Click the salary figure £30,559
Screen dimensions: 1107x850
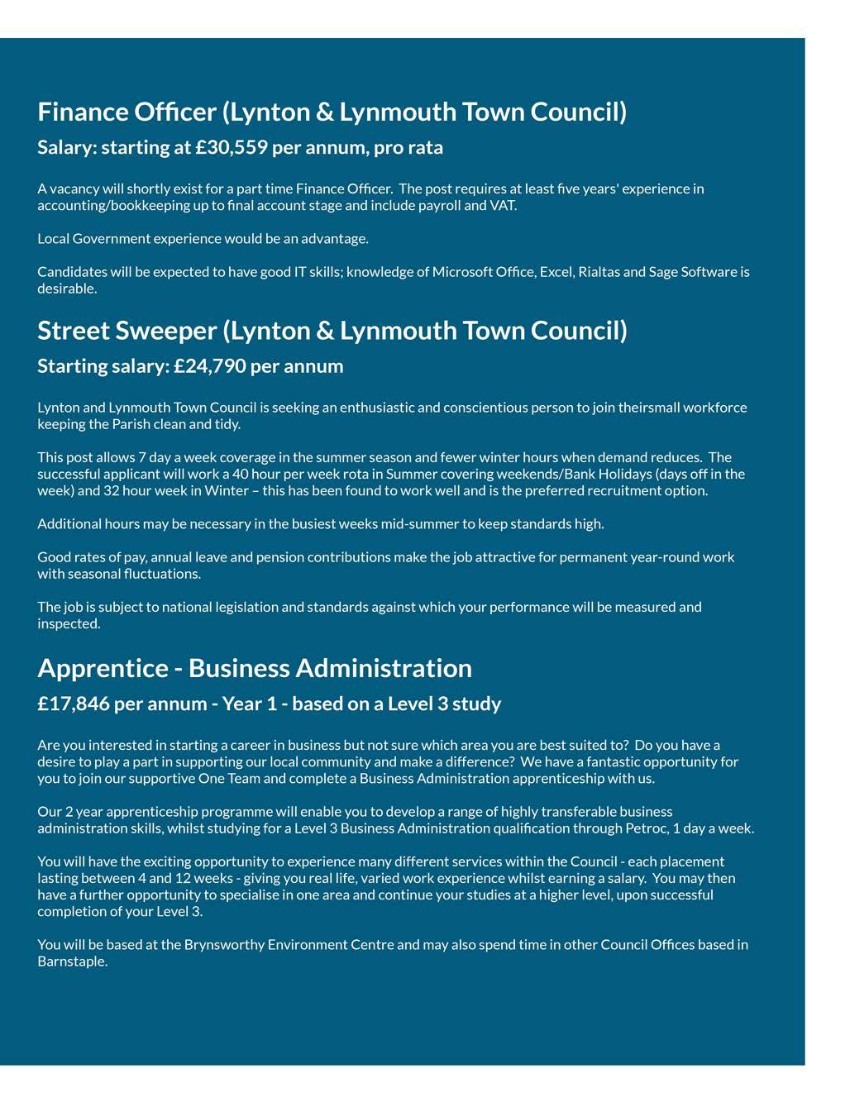[232, 148]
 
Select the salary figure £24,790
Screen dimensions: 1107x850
[210, 366]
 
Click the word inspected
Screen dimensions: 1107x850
[68, 624]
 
